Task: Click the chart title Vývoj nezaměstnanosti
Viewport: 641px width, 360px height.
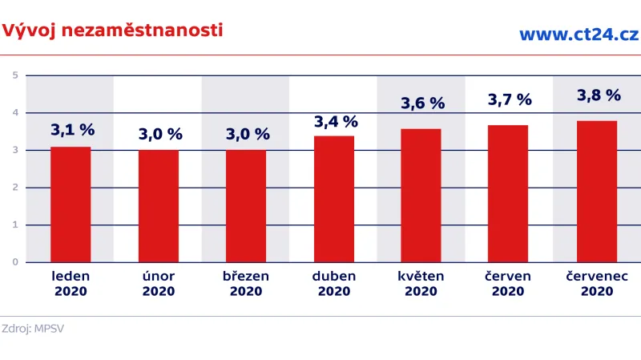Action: click(112, 31)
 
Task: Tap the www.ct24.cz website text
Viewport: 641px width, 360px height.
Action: click(579, 34)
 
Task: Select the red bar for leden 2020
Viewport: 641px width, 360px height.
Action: click(71, 204)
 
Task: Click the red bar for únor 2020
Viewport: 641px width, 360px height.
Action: click(158, 206)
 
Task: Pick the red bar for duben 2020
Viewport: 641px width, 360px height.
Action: click(334, 199)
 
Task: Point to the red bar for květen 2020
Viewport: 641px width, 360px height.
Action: click(421, 196)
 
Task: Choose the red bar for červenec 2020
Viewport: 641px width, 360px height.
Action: click(597, 192)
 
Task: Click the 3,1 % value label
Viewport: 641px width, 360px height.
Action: click(72, 129)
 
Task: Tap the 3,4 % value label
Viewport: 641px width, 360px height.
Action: click(336, 121)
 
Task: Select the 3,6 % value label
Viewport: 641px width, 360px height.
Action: click(422, 103)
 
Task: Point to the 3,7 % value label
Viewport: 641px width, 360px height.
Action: click(510, 99)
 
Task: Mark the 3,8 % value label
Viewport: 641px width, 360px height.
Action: click(599, 95)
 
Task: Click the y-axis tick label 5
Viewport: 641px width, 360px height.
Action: click(14, 75)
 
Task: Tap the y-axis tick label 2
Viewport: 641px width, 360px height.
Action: click(14, 188)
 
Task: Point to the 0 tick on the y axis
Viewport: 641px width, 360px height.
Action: click(14, 262)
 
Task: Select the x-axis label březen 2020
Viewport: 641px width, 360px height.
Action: click(246, 283)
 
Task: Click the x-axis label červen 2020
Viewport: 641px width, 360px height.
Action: click(509, 283)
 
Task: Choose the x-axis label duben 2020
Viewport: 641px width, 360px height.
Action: click(334, 283)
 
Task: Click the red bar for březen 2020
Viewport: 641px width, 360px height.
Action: click(246, 206)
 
